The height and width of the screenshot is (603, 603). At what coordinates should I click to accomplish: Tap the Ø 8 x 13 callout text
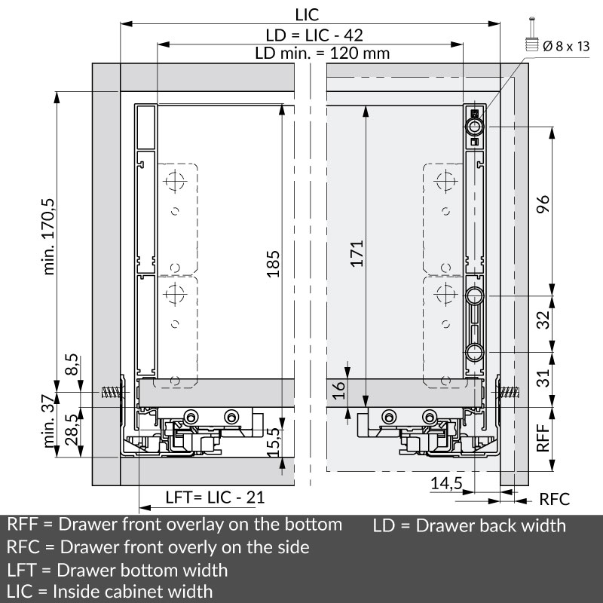pos(566,46)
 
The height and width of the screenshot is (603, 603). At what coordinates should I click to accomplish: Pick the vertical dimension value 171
pos(357,254)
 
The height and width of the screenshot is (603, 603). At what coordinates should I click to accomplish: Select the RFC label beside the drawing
pos(554,499)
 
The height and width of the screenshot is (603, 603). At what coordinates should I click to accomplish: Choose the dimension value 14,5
pos(447,483)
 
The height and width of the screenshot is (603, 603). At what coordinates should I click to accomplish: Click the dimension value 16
pos(338,390)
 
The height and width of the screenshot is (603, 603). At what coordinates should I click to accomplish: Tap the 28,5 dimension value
pos(72,430)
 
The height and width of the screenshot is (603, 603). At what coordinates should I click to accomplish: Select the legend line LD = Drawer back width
pos(469,525)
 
